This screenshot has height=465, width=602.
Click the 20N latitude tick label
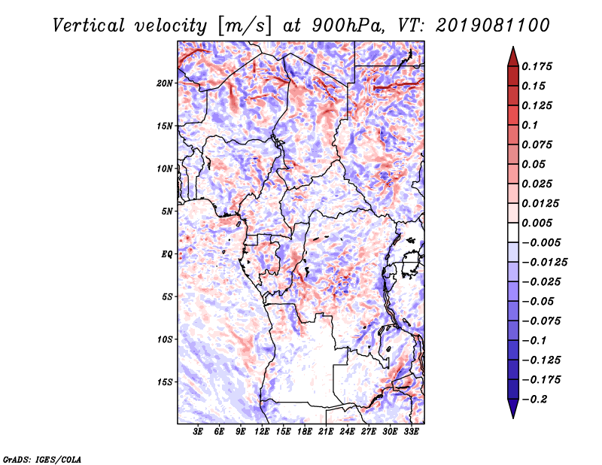click(166, 83)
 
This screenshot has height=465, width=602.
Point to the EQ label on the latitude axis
click(168, 254)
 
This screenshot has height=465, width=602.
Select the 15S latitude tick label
click(166, 381)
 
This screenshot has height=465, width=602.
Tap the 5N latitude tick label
click(168, 211)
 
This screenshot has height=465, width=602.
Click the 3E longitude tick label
click(198, 432)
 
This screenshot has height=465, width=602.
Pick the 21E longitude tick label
click(326, 432)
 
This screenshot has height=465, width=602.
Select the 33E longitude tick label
click(411, 432)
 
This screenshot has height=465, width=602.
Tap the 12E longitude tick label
click(262, 432)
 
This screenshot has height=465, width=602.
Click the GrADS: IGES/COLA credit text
click(41, 458)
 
